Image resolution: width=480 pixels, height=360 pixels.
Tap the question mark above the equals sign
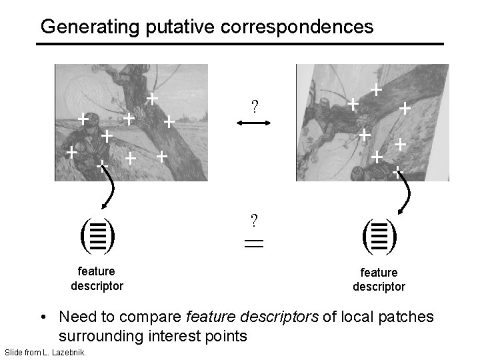pyautogui.click(x=254, y=220)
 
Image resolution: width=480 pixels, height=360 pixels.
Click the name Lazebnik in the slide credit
pyautogui.click(x=69, y=351)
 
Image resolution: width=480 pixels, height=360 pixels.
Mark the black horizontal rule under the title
pyautogui.click(x=240, y=44)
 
